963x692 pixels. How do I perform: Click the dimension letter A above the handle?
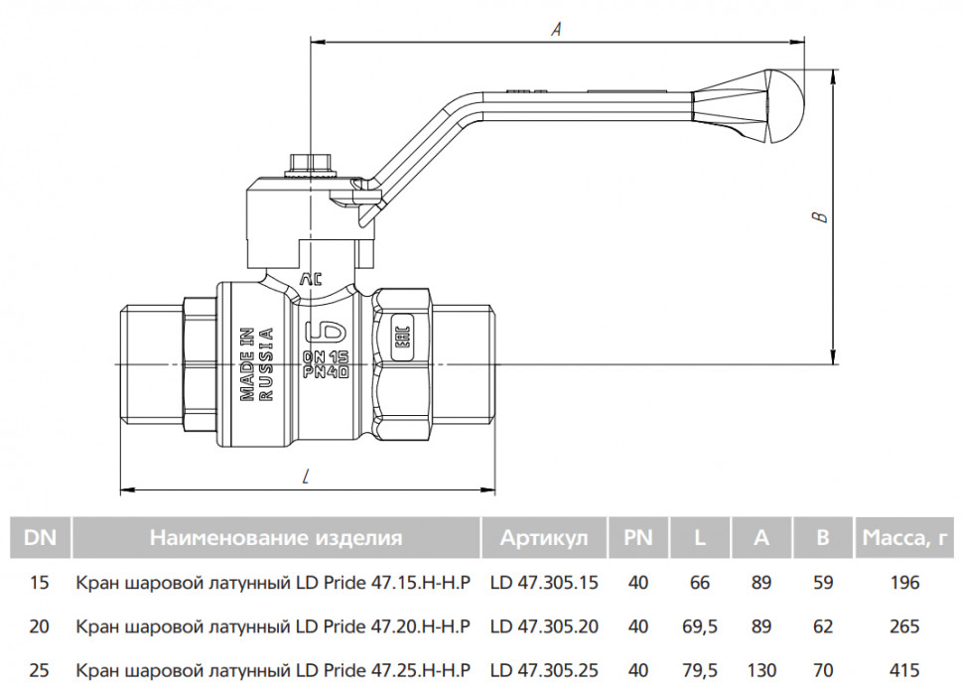556,29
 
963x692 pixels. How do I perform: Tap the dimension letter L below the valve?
306,477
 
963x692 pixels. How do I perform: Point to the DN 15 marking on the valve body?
326,356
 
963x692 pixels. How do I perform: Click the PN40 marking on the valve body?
326,371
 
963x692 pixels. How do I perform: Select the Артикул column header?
544,538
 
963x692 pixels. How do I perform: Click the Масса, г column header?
904,538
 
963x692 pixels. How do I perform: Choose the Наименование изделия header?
276,538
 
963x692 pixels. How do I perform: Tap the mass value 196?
904,582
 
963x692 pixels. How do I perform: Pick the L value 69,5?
700,626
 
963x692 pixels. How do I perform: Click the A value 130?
761,670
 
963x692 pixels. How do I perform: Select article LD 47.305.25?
544,670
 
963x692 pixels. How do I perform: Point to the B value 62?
823,626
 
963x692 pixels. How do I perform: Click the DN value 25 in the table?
39,670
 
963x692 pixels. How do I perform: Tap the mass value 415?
904,670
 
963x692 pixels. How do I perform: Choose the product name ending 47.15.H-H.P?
273,582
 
